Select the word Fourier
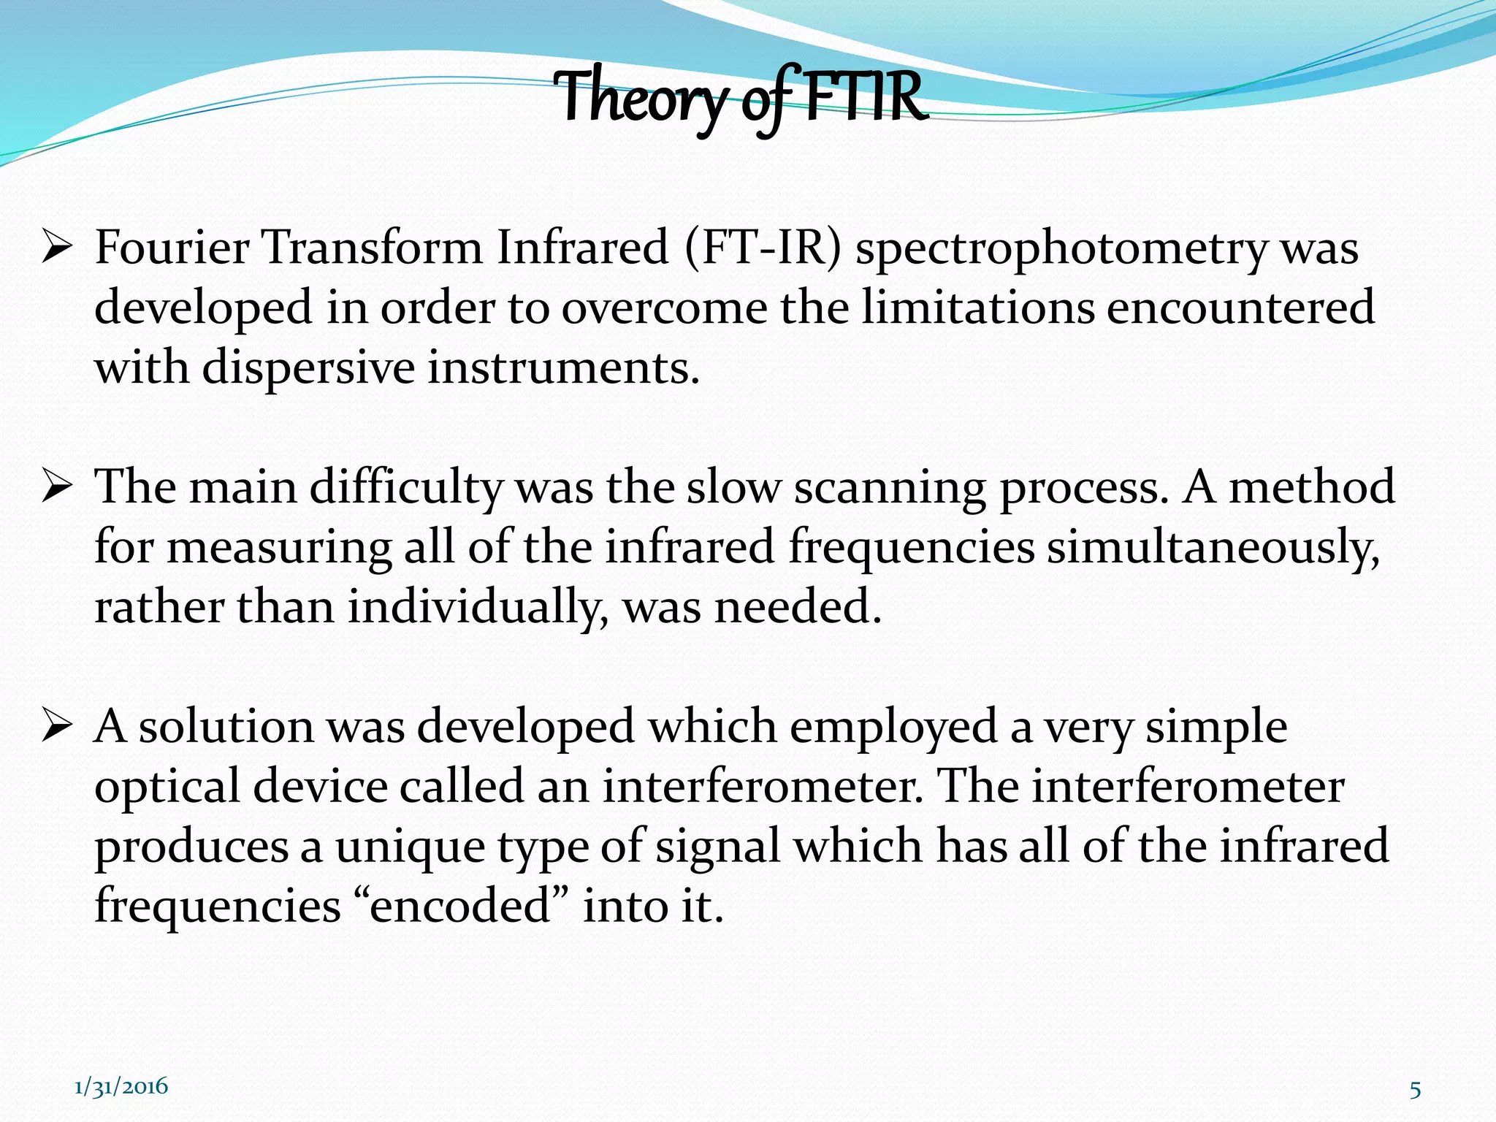[172, 248]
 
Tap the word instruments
[563, 367]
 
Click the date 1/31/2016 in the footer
[121, 1086]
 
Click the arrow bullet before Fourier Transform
[57, 248]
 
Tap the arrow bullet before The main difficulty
[57, 488]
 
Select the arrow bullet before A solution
[57, 728]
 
